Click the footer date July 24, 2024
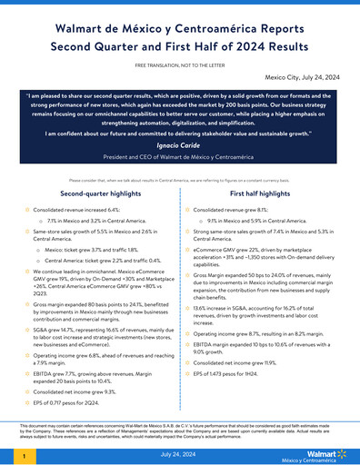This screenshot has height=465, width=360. (x=180, y=452)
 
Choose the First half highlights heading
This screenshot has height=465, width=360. (x=261, y=194)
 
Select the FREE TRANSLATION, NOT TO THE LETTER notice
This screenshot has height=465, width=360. (x=180, y=66)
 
